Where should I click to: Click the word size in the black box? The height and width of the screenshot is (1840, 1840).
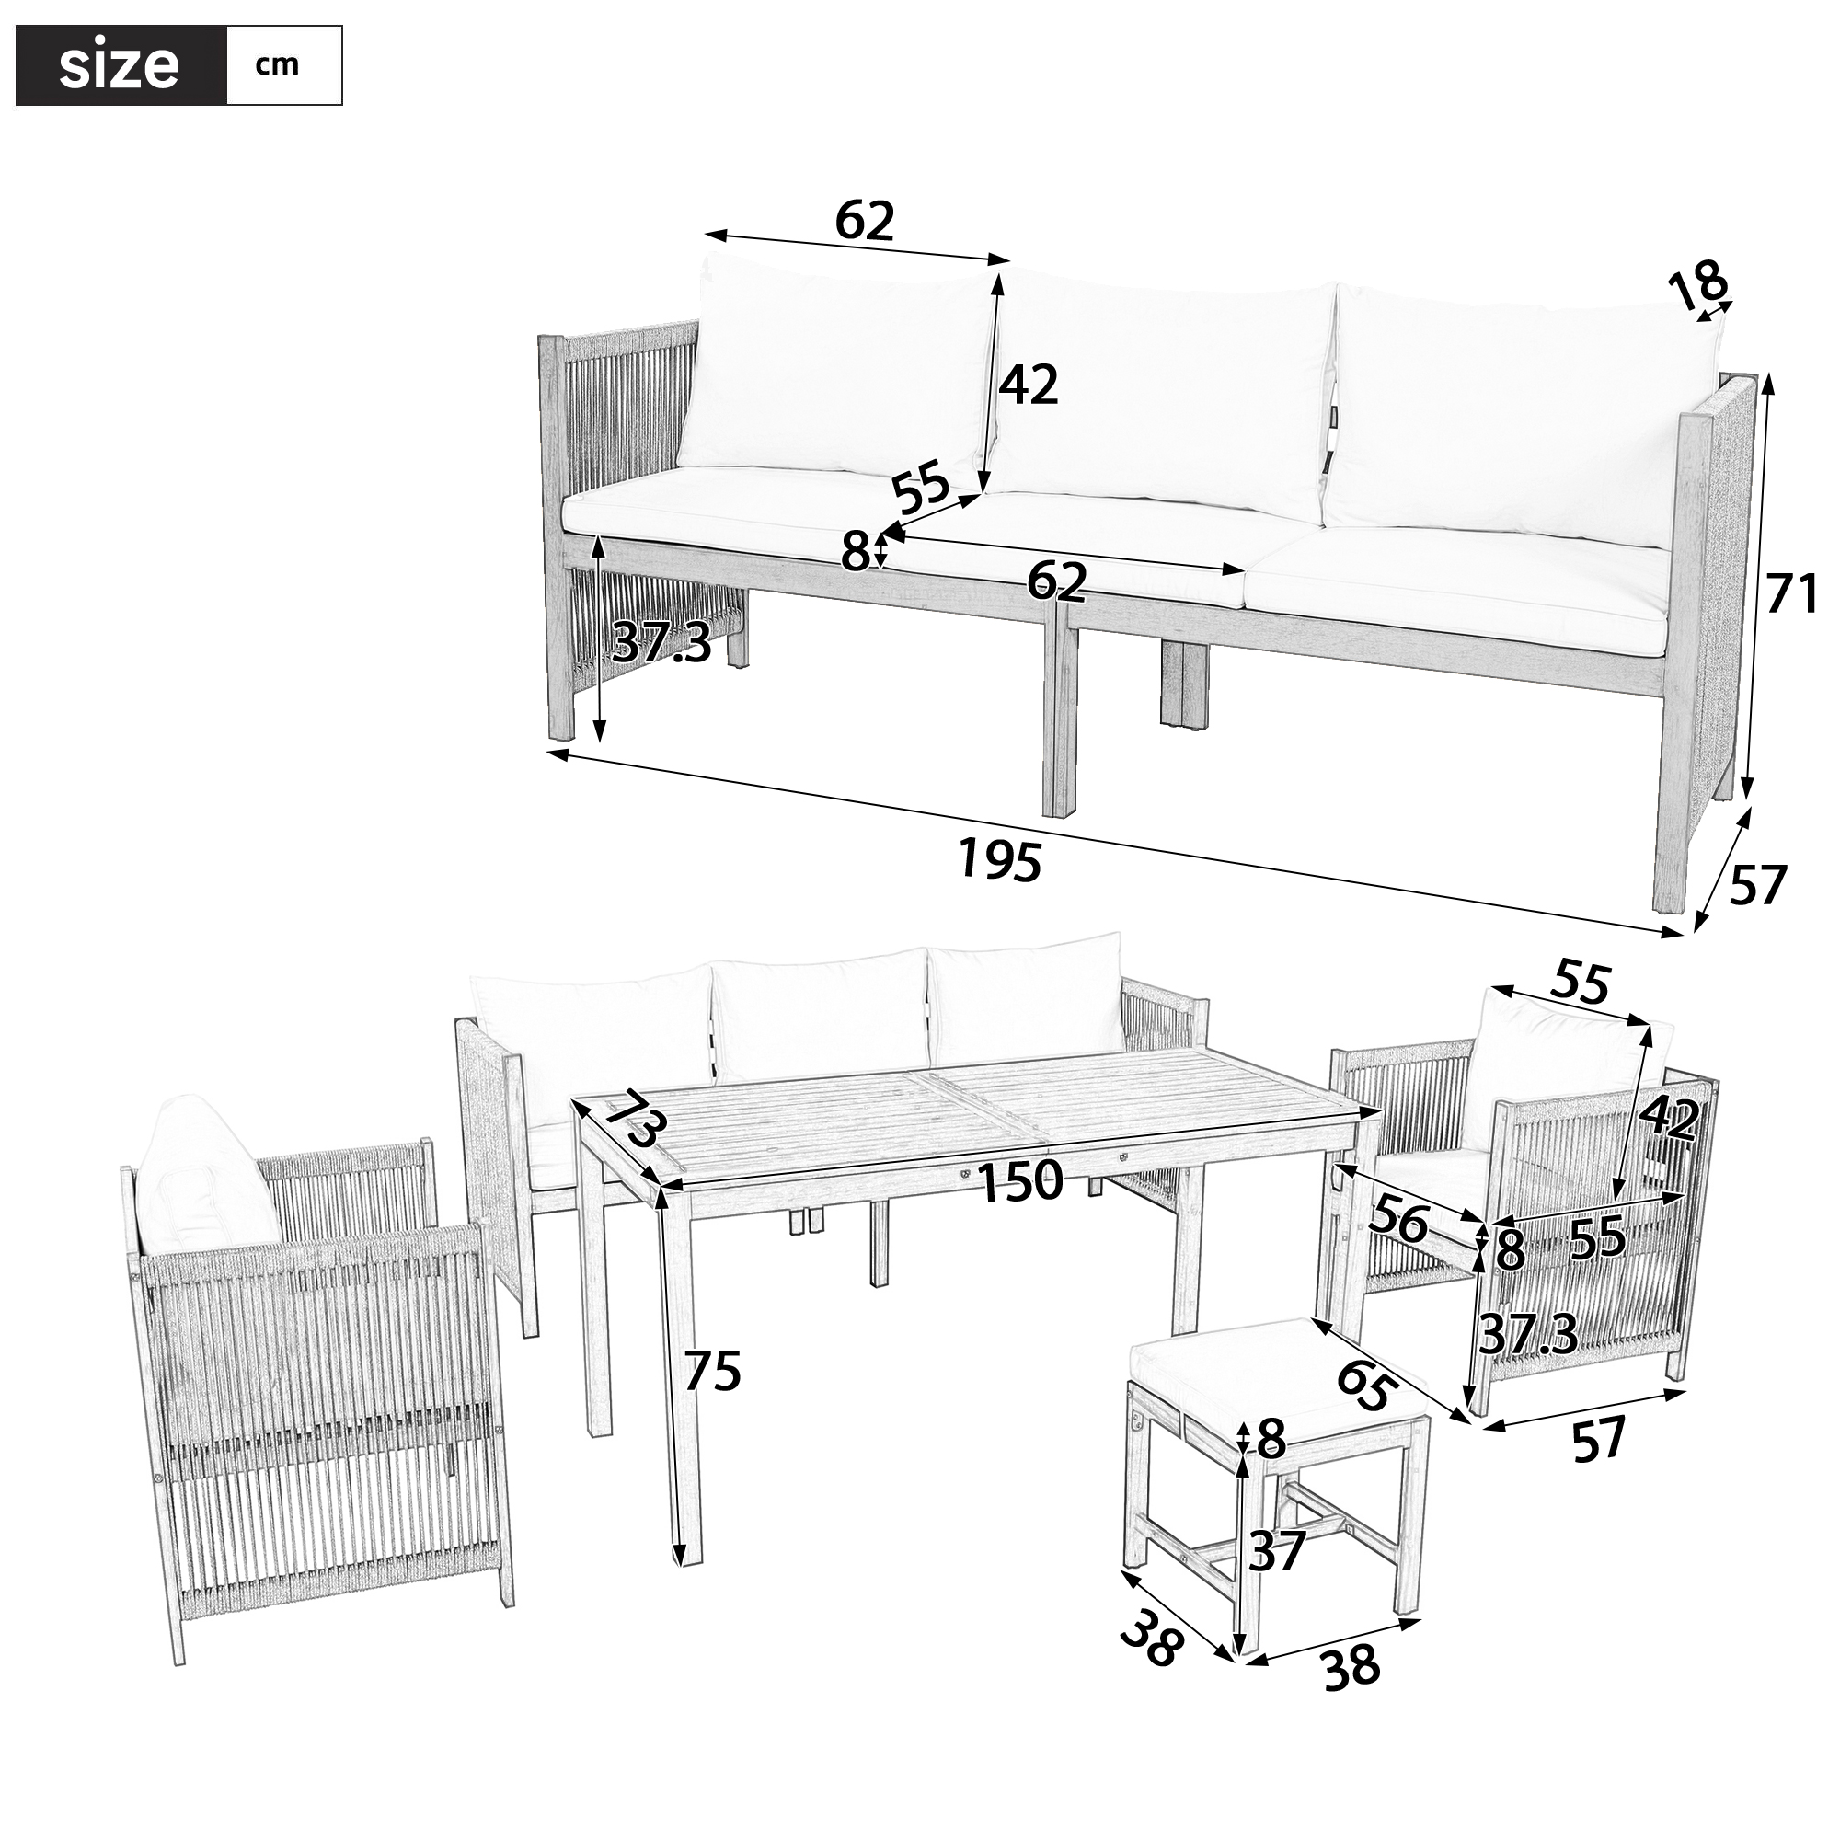coord(119,66)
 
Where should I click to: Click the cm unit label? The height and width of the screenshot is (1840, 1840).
coord(277,65)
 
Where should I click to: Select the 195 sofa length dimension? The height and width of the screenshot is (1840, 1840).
coord(1000,859)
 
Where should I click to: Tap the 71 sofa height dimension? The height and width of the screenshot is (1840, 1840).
coord(1791,595)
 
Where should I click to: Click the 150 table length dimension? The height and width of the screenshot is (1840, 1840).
coord(1021,1182)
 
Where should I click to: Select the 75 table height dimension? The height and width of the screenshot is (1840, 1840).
coord(712,1373)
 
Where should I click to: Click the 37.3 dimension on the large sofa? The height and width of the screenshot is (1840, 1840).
coord(661,642)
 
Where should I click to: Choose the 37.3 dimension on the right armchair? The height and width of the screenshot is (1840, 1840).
coord(1527,1335)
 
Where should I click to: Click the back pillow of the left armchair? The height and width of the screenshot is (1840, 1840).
coord(205,1176)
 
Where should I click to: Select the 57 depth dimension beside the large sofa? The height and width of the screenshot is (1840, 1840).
coord(1757,885)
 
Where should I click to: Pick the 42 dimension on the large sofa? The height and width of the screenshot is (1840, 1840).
coord(1029,385)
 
